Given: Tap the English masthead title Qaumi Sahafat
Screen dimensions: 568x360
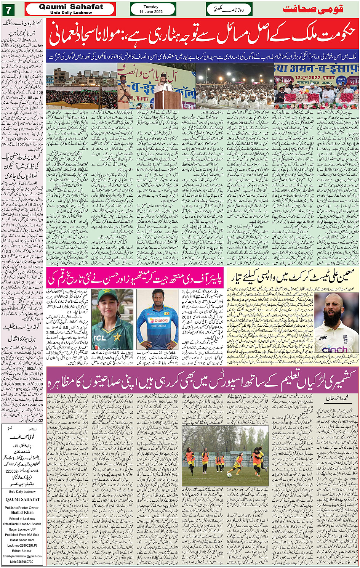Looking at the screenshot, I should coord(71,6).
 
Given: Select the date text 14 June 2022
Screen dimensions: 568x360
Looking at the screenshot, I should coord(151,11).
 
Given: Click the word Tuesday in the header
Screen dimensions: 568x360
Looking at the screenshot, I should coord(151,6).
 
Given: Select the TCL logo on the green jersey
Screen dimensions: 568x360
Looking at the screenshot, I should coord(100,338).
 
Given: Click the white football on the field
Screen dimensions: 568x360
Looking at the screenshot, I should coord(229,475).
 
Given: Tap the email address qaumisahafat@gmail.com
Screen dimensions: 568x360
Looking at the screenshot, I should coord(22,556).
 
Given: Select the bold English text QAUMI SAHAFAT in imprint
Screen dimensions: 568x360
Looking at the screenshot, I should coord(22,499).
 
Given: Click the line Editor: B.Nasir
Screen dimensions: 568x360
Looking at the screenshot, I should coord(22,551).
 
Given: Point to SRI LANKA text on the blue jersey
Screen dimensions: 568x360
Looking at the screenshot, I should coord(157,326).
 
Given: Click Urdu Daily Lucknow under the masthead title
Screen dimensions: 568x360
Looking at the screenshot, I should coord(71,13).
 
